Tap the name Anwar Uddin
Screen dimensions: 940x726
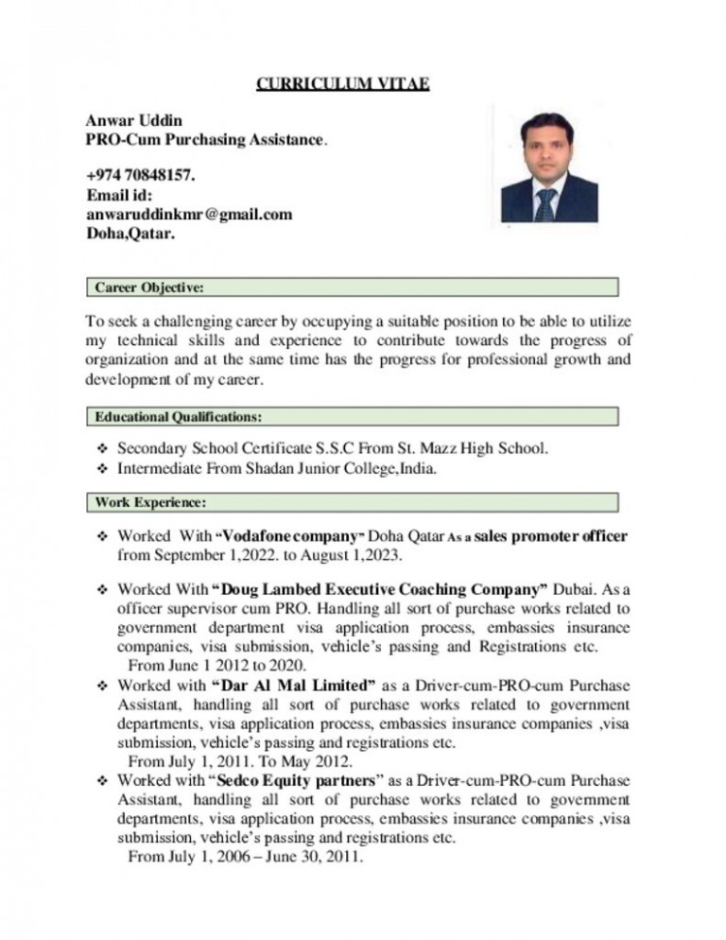coord(121,122)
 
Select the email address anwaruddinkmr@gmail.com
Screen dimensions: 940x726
coord(189,215)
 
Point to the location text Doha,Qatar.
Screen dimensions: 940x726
coord(130,234)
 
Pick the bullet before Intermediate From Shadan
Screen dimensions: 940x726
coord(104,467)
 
